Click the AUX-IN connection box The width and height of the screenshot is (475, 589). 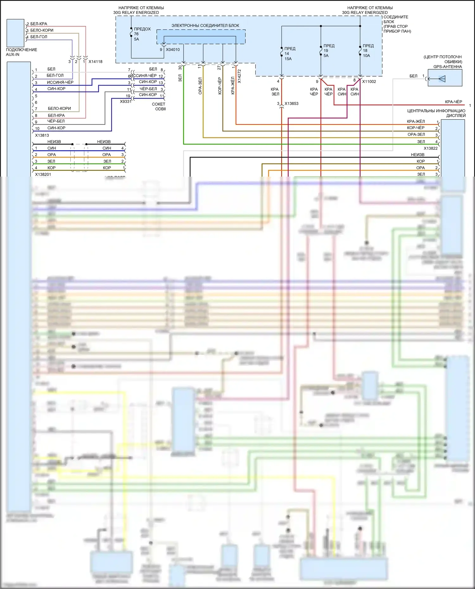click(15, 33)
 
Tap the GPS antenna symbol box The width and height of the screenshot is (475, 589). click(445, 78)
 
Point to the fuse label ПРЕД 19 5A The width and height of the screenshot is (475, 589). click(328, 51)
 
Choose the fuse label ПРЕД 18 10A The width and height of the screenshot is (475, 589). click(368, 51)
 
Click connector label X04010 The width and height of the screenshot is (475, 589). click(173, 50)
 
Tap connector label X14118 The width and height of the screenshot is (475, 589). click(95, 62)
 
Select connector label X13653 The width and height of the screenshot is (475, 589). click(291, 103)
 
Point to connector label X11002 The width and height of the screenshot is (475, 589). click(369, 82)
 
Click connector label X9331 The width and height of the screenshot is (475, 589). click(125, 102)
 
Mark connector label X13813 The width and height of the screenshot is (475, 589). click(42, 135)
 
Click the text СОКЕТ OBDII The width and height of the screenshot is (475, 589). click(159, 106)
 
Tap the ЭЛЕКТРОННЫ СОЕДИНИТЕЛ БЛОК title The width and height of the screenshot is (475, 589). click(205, 26)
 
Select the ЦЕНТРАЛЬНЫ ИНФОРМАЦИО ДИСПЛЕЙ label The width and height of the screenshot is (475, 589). click(436, 113)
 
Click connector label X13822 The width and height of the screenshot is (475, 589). click(430, 148)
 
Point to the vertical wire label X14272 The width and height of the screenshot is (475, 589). click(239, 77)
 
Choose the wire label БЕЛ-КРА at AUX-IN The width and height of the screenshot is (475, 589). click(38, 24)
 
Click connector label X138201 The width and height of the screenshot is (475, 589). click(43, 174)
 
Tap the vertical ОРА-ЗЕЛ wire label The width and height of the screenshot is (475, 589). click(200, 86)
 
